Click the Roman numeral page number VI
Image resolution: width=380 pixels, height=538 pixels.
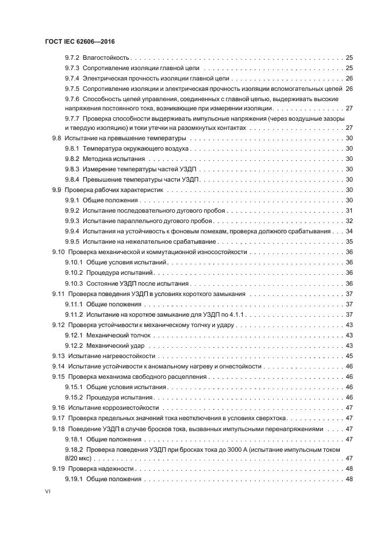point(48,492)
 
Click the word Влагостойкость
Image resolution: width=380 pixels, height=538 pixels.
point(106,58)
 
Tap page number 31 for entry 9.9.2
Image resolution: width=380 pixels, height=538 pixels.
point(348,210)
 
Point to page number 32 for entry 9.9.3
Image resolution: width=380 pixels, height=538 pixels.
point(348,221)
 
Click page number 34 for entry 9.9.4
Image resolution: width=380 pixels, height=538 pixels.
point(348,231)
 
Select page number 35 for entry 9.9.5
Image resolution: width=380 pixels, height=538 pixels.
point(348,241)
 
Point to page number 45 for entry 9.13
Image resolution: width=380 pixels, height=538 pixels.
point(348,356)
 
